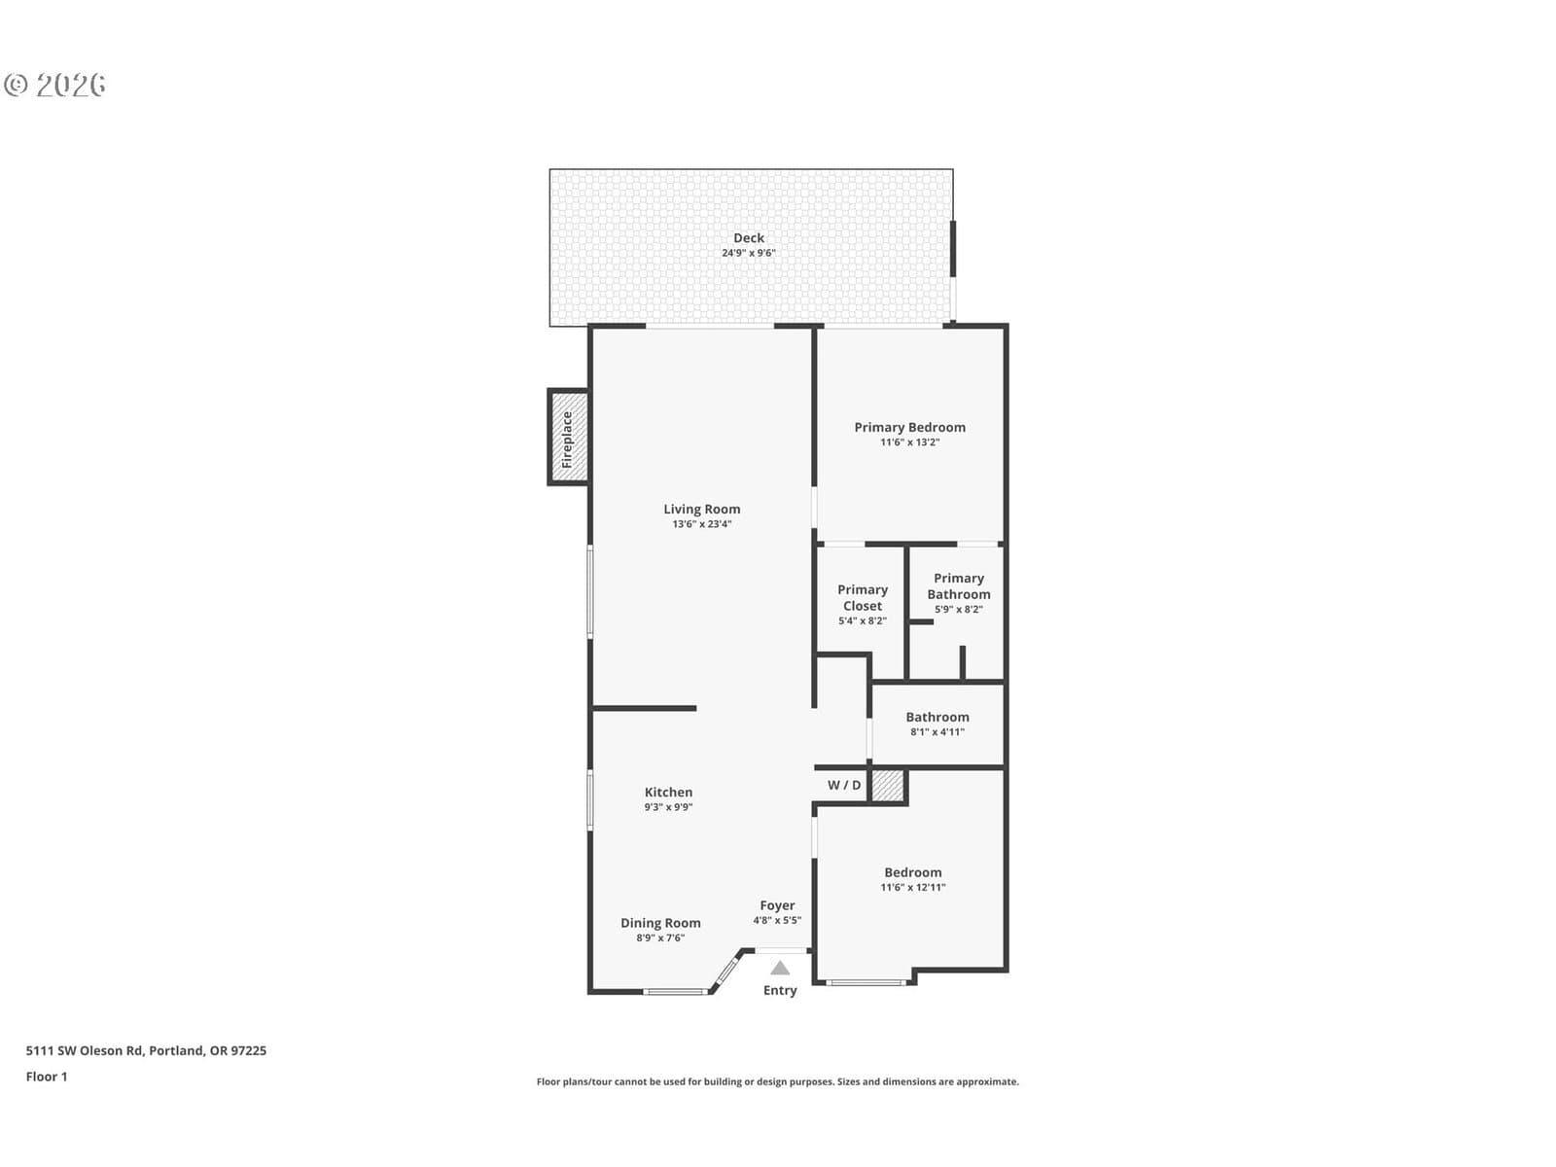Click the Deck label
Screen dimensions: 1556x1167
[x=749, y=238]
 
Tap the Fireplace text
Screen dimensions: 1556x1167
[x=567, y=440]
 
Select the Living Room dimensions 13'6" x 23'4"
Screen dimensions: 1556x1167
[x=702, y=524]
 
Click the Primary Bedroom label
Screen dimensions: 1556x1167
[x=909, y=427]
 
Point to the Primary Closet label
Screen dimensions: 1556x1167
[x=863, y=598]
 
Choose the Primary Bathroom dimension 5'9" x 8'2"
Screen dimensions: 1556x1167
[x=959, y=610]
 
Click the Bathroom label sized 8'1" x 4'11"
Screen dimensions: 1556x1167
[x=937, y=717]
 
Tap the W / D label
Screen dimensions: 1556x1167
[x=844, y=785]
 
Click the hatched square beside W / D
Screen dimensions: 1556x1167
[x=888, y=786]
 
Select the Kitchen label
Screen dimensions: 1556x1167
[x=668, y=793]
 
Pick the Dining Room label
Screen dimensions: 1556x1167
[x=660, y=923]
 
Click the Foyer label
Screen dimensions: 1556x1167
[x=777, y=905]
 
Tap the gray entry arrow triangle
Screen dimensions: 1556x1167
[x=780, y=968]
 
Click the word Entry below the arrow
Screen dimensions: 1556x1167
[x=780, y=991]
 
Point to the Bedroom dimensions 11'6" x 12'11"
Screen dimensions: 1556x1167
[x=913, y=887]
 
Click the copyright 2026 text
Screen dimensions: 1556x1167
[x=54, y=85]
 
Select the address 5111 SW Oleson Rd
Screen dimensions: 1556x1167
[x=85, y=1051]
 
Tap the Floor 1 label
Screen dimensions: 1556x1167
[x=47, y=1077]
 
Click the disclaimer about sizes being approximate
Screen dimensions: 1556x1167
[x=778, y=1082]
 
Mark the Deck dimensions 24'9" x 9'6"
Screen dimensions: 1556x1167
[x=749, y=253]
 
